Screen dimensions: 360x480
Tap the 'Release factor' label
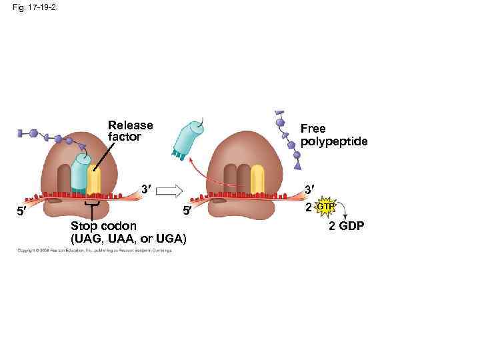coord(130,131)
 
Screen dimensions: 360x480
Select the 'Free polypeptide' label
coord(333,134)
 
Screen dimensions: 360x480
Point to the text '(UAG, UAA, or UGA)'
coord(129,239)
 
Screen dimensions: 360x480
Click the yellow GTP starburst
coord(325,207)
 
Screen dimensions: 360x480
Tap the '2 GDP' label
coord(346,227)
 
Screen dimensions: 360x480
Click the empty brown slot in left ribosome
coord(64,178)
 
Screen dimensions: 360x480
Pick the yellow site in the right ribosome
coord(257,178)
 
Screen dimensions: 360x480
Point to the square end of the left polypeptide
coord(22,133)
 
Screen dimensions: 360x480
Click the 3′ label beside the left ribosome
coord(145,189)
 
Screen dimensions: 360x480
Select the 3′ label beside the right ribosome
coord(310,190)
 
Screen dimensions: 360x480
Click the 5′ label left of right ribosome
coord(187,212)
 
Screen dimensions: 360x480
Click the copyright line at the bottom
coord(94,251)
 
